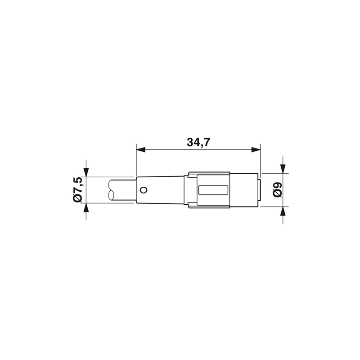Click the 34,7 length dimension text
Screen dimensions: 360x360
(198, 142)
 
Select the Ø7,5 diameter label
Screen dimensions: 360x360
(77, 189)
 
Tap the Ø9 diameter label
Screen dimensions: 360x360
(277, 189)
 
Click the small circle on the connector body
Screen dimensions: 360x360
(144, 190)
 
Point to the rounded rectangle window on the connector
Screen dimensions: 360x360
(213, 190)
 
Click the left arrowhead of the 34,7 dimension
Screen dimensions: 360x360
(141, 150)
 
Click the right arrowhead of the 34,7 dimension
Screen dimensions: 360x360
(256, 150)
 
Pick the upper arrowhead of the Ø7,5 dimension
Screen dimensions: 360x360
(86, 172)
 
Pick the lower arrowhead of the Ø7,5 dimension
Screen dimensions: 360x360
(86, 207)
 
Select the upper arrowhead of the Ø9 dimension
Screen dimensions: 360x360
(283, 168)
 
